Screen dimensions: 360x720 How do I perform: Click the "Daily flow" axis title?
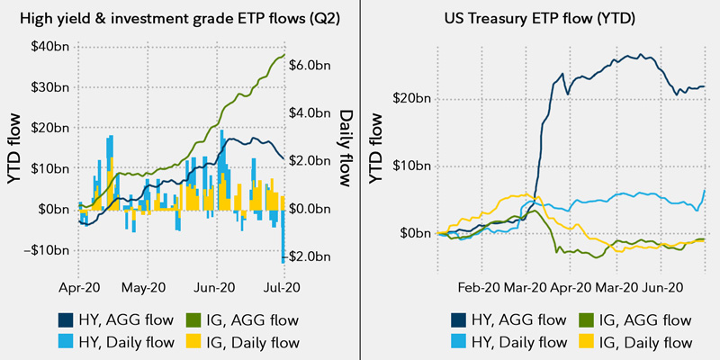(x=346, y=148)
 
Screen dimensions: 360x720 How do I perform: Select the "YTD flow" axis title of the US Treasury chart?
(x=377, y=149)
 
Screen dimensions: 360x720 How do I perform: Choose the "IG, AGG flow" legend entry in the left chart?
(x=241, y=319)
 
